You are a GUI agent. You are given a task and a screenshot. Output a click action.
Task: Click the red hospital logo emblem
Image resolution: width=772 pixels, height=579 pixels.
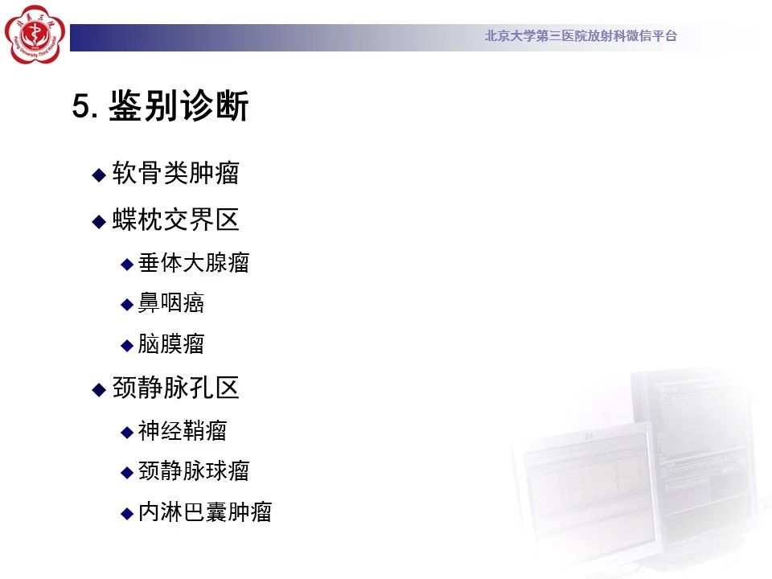(x=35, y=35)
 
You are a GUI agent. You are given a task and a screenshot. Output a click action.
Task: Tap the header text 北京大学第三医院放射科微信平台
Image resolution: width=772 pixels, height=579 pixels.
(x=581, y=35)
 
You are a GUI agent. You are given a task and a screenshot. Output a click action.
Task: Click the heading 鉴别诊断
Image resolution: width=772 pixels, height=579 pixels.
(x=179, y=105)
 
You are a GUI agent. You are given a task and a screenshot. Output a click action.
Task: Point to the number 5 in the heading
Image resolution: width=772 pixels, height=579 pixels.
(x=81, y=106)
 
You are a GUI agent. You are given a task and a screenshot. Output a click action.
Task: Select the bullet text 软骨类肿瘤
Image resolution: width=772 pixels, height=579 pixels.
(x=176, y=173)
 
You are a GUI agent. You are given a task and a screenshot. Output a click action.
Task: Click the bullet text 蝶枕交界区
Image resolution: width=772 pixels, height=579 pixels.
(x=176, y=220)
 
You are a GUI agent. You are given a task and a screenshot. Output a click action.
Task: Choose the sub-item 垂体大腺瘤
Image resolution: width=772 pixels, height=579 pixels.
(x=194, y=262)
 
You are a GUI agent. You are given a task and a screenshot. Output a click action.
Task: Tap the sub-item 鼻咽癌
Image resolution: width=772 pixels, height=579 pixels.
(x=170, y=303)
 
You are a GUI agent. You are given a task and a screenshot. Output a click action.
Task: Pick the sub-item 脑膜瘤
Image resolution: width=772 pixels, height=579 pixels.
(x=170, y=343)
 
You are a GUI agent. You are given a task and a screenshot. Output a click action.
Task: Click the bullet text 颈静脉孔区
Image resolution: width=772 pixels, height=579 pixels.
(x=176, y=388)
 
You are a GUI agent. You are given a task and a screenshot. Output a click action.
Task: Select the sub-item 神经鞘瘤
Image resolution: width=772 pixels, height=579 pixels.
(x=183, y=431)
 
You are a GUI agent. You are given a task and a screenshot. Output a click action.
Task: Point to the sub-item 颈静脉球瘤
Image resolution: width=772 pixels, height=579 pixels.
(x=194, y=471)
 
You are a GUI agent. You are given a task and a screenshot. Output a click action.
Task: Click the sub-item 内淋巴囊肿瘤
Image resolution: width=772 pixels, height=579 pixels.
(x=205, y=512)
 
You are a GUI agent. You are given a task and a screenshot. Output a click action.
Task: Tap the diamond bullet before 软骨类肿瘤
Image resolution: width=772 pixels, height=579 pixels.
(x=99, y=175)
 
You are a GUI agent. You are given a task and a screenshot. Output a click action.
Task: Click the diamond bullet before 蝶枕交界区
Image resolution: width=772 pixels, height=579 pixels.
(x=99, y=222)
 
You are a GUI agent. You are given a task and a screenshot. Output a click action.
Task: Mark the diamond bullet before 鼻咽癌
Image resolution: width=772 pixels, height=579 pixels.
(x=127, y=305)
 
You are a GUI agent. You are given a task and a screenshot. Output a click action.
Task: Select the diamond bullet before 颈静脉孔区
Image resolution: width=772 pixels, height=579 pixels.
(x=99, y=390)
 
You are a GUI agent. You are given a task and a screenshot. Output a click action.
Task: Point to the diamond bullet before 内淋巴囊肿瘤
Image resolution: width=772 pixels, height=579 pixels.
(x=127, y=514)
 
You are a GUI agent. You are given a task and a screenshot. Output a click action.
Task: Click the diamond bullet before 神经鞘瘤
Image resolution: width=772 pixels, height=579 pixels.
(x=127, y=433)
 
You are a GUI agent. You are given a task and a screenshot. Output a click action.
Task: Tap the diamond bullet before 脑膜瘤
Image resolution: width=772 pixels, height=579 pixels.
(x=127, y=346)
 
